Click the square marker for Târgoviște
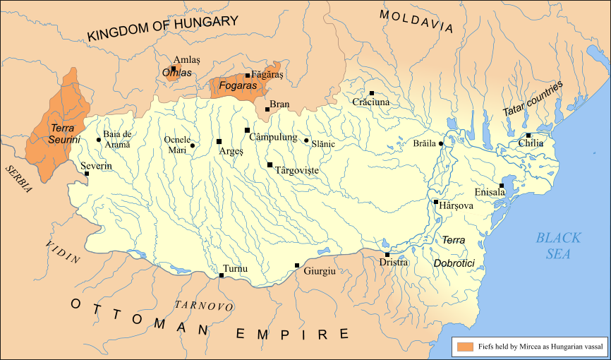click(x=270, y=164)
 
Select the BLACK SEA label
click(x=557, y=246)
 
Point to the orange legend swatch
click(x=464, y=347)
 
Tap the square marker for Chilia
click(x=528, y=135)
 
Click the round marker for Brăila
click(x=441, y=144)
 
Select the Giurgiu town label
click(x=319, y=271)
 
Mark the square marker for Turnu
click(x=222, y=275)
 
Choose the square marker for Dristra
click(x=387, y=254)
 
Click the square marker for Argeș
click(x=219, y=141)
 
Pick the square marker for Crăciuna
click(x=371, y=92)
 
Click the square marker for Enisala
click(x=502, y=186)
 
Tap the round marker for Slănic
click(x=306, y=140)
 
